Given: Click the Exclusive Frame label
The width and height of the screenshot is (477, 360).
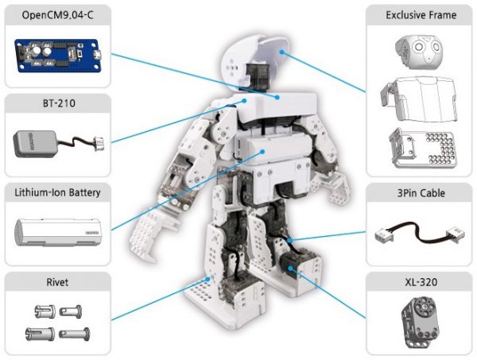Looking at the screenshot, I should pos(421,15).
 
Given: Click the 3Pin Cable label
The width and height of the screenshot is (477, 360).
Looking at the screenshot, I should pos(421,193).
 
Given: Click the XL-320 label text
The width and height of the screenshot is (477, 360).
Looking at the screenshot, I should pos(421,282).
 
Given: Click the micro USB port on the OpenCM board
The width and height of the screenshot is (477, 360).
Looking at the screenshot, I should pos(95,54).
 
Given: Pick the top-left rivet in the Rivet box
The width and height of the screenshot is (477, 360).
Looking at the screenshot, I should pos(41,311).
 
